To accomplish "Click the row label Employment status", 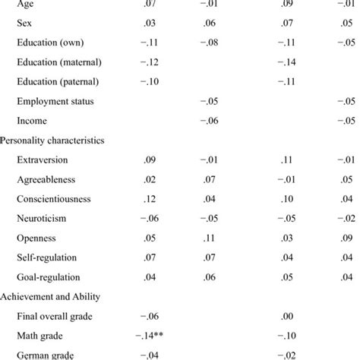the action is click(55, 100).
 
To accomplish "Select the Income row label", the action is click(32, 120).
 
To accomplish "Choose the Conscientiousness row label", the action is click(53, 199).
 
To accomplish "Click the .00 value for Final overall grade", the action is click(286, 317).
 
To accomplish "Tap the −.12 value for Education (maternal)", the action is click(152, 61).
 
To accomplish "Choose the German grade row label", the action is click(47, 355).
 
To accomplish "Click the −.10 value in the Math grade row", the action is click(285, 336).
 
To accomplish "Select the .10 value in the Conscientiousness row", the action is click(286, 199).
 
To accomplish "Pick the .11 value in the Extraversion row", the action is click(286, 159).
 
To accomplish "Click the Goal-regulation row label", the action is click(48, 277).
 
